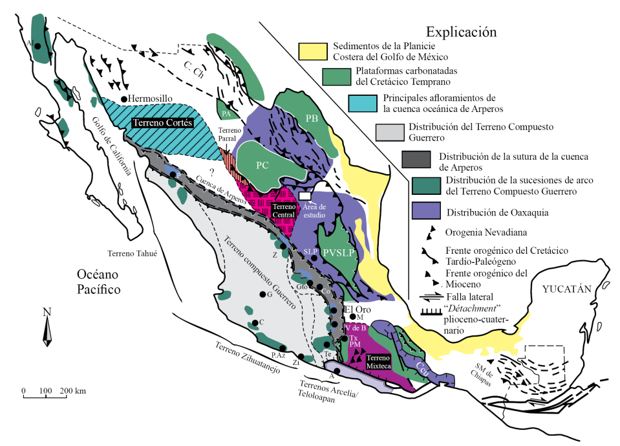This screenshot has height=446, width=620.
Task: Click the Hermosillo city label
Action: point(151,98)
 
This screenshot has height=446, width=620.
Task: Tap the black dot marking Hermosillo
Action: point(124,98)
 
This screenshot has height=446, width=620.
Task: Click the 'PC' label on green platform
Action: point(262,164)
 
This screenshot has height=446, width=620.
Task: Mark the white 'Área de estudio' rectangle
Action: point(305,195)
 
